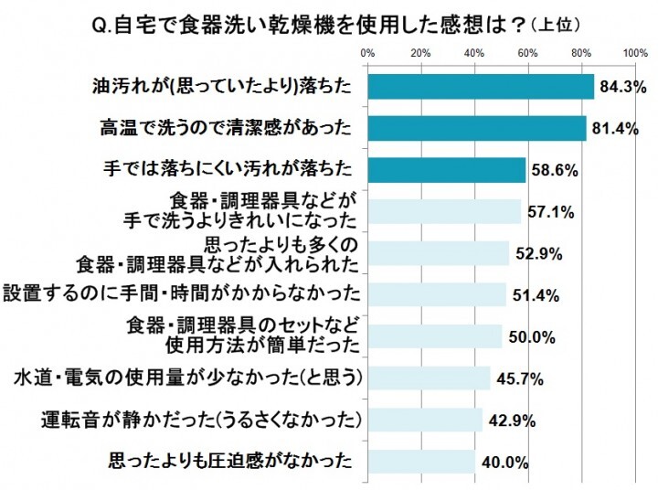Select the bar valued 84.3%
[481, 86]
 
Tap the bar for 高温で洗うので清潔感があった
[476, 128]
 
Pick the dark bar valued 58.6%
[446, 170]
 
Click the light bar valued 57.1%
[443, 211]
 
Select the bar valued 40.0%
[420, 461]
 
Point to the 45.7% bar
[429, 378]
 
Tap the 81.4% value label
[615, 129]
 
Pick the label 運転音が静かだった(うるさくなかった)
[204, 421]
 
